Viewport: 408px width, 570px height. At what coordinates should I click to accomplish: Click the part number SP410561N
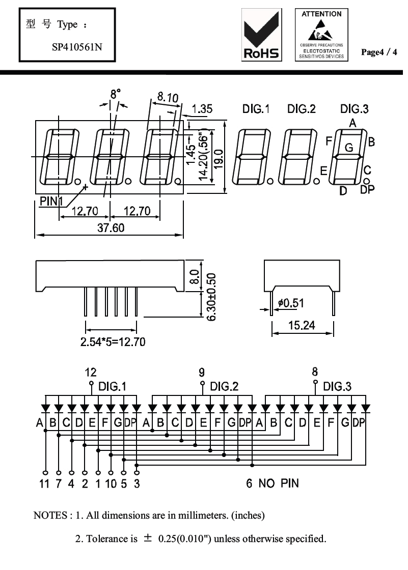click(x=77, y=47)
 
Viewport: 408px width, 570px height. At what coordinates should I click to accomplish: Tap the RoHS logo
click(x=261, y=35)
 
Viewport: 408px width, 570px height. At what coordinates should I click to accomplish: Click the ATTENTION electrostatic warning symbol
click(x=321, y=35)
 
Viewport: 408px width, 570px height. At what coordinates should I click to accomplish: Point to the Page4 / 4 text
click(x=379, y=52)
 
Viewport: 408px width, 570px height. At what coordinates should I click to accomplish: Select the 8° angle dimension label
click(x=116, y=94)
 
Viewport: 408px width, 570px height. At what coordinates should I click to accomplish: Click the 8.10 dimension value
click(x=168, y=97)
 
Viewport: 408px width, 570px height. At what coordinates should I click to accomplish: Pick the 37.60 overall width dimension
click(x=111, y=228)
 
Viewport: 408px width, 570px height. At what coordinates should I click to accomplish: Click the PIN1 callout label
click(x=51, y=201)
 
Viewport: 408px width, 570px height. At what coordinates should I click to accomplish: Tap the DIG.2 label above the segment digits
click(x=302, y=109)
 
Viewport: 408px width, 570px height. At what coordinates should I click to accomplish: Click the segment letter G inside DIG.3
click(x=349, y=148)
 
